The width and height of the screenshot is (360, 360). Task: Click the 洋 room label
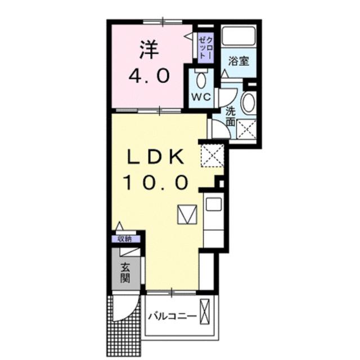149,49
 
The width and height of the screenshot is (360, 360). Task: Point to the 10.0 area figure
156,182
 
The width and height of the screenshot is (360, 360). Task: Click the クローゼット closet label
204,47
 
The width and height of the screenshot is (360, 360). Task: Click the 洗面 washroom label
231,116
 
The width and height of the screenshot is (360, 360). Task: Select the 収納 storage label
124,238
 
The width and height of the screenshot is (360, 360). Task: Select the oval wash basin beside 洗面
247,103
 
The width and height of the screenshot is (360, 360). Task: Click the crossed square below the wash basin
246,129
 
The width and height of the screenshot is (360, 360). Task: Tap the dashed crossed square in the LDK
213,155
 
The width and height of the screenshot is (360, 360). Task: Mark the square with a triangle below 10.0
185,214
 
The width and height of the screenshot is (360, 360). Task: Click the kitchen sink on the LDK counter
214,204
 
